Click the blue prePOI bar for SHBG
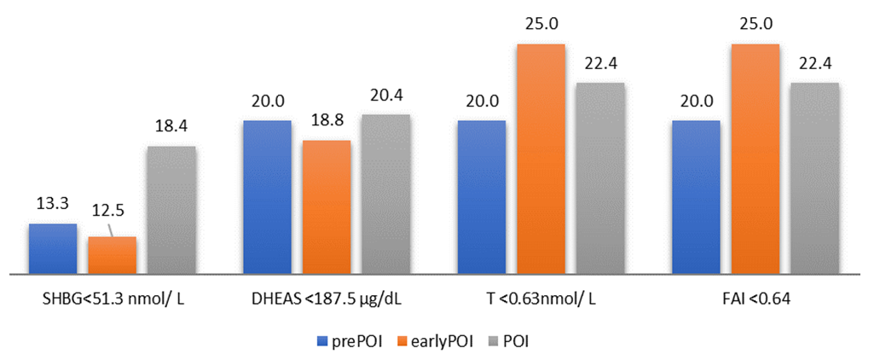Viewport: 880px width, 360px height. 52,249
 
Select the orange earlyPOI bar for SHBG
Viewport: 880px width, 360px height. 113,255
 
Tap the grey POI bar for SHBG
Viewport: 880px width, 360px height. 171,210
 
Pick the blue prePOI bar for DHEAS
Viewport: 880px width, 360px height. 267,197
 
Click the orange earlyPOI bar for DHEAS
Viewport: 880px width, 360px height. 327,207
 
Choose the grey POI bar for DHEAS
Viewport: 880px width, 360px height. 385,195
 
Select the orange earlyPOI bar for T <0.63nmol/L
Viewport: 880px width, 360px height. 541,160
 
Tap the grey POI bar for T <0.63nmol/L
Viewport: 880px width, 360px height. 601,178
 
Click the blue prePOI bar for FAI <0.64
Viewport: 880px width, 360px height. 696,197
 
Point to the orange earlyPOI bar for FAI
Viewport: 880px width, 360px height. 756,160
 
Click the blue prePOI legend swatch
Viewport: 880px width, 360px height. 322,340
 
